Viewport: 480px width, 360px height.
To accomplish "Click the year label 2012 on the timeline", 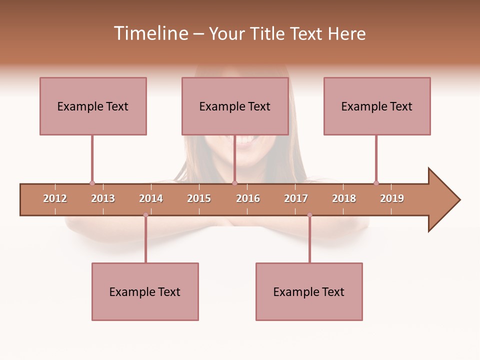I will pyautogui.click(x=55, y=198).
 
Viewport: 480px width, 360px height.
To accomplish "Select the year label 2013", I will pyautogui.click(x=103, y=198).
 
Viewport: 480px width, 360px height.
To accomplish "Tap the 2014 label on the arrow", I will pyautogui.click(x=151, y=198).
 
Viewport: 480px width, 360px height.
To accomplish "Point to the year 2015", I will pyautogui.click(x=199, y=198).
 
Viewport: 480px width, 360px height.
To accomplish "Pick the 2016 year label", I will pyautogui.click(x=248, y=198).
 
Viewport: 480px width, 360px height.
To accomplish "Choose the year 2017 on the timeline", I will pyautogui.click(x=296, y=198).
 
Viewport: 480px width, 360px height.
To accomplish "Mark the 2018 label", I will pyautogui.click(x=344, y=198).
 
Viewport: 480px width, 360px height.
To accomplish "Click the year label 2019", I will pyautogui.click(x=392, y=198).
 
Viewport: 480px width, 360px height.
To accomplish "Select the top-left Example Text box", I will pyautogui.click(x=93, y=106).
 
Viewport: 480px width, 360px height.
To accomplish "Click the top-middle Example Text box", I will pyautogui.click(x=235, y=106).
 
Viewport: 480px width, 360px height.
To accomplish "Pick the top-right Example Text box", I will pyautogui.click(x=377, y=106).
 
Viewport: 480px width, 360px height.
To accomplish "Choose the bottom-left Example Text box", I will pyautogui.click(x=145, y=292).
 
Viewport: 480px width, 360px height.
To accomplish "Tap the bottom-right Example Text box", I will pyautogui.click(x=309, y=292).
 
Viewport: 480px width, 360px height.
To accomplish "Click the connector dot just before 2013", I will pyautogui.click(x=92, y=183).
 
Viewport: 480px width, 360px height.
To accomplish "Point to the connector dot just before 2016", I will pyautogui.click(x=234, y=183).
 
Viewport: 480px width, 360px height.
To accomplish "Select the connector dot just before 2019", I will pyautogui.click(x=376, y=183).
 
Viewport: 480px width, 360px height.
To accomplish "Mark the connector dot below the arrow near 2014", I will pyautogui.click(x=145, y=215).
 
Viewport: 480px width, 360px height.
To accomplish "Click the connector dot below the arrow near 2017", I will pyautogui.click(x=309, y=215).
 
